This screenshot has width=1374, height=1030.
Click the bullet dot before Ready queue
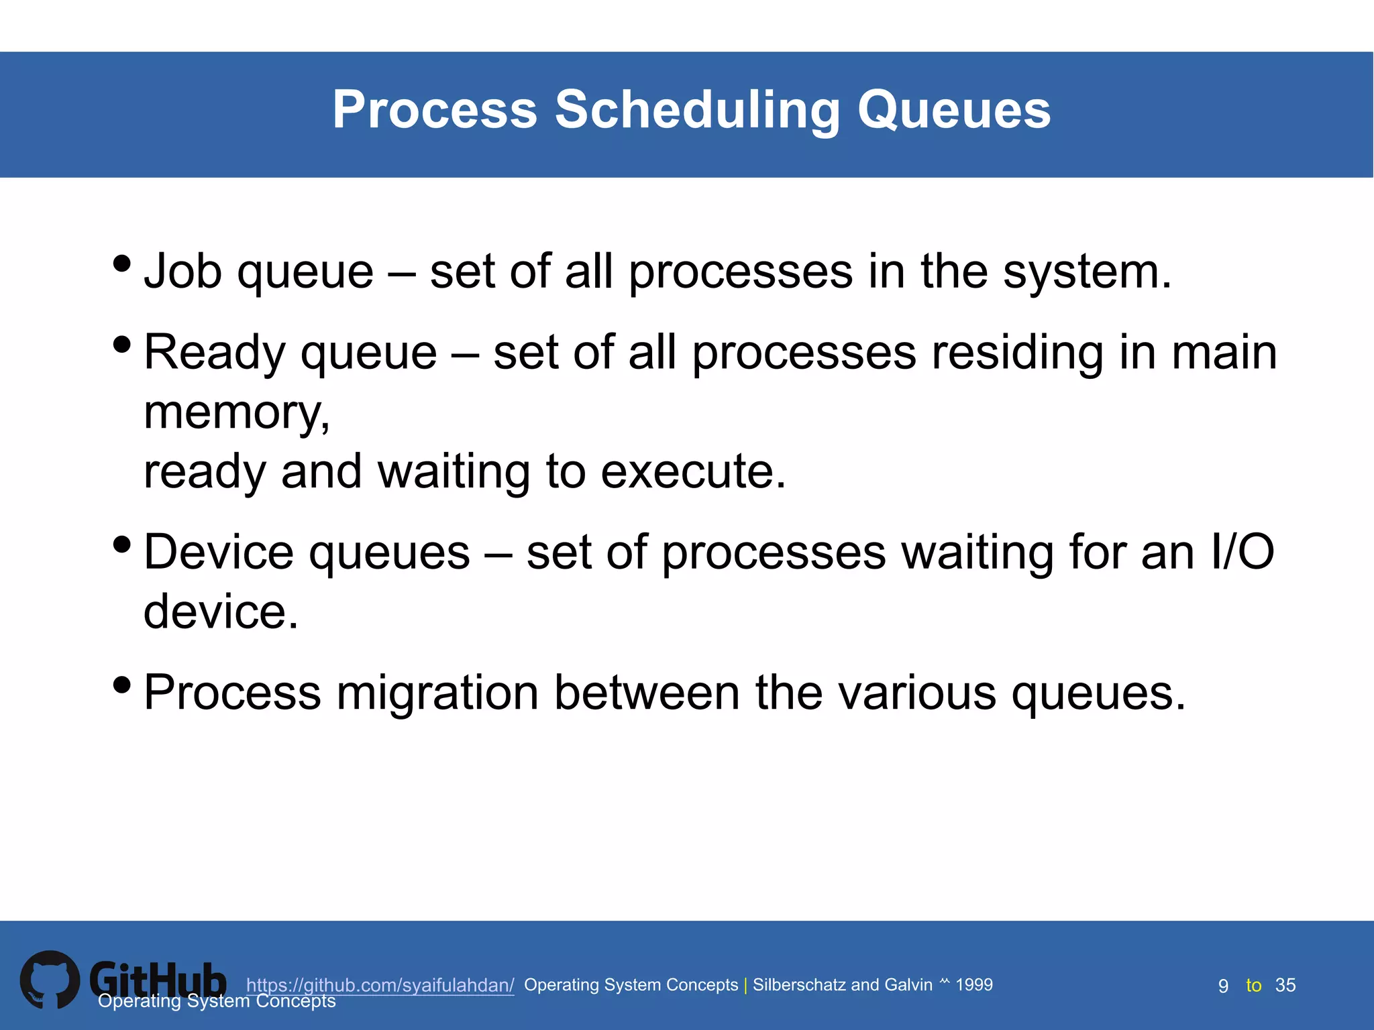[122, 345]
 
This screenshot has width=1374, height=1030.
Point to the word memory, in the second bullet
[237, 412]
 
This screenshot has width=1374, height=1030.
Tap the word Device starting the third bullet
[219, 553]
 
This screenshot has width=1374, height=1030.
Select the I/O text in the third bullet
[1242, 553]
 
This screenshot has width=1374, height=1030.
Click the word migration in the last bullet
[437, 693]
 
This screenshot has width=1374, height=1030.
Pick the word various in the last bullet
[917, 693]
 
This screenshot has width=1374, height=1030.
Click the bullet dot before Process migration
[122, 685]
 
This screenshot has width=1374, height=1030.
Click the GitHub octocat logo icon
[50, 979]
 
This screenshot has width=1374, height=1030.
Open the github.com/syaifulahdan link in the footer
[380, 985]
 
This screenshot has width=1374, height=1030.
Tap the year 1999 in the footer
[973, 984]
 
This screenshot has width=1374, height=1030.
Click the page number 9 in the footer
[1223, 986]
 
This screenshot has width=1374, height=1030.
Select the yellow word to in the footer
[1253, 986]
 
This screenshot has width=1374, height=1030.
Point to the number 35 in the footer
[1285, 985]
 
